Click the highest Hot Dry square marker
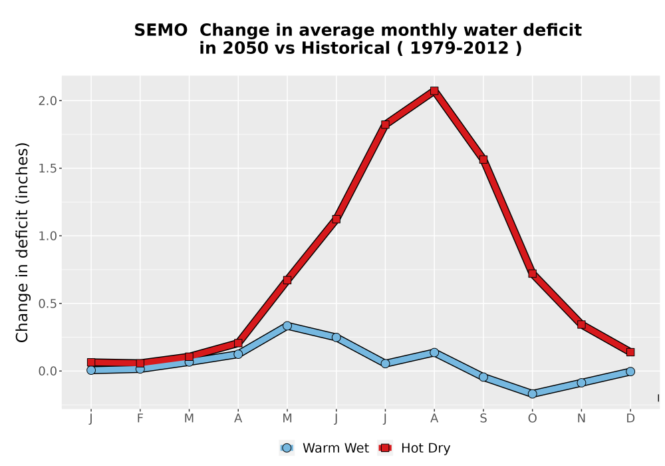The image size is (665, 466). (x=434, y=91)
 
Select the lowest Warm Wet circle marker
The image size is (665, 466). (x=532, y=394)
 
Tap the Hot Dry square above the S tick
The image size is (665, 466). (x=483, y=160)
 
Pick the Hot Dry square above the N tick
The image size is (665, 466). (x=581, y=325)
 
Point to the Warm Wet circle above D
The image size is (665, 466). (x=630, y=371)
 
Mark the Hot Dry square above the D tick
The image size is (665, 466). (x=630, y=352)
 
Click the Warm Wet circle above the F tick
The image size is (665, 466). (x=140, y=369)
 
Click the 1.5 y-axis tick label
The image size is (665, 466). (x=47, y=168)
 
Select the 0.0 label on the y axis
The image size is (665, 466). (x=47, y=371)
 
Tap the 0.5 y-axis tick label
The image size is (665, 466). (x=47, y=304)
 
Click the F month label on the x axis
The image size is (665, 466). (x=140, y=419)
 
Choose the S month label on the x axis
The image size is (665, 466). (x=483, y=419)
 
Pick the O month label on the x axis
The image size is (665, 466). (x=532, y=419)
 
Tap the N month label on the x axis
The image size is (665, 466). (x=581, y=419)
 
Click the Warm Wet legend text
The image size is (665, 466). (x=335, y=448)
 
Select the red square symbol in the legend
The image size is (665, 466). (x=385, y=448)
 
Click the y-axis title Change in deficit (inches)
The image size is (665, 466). (x=22, y=242)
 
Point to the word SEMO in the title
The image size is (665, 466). (x=161, y=31)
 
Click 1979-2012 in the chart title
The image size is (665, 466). (x=460, y=49)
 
